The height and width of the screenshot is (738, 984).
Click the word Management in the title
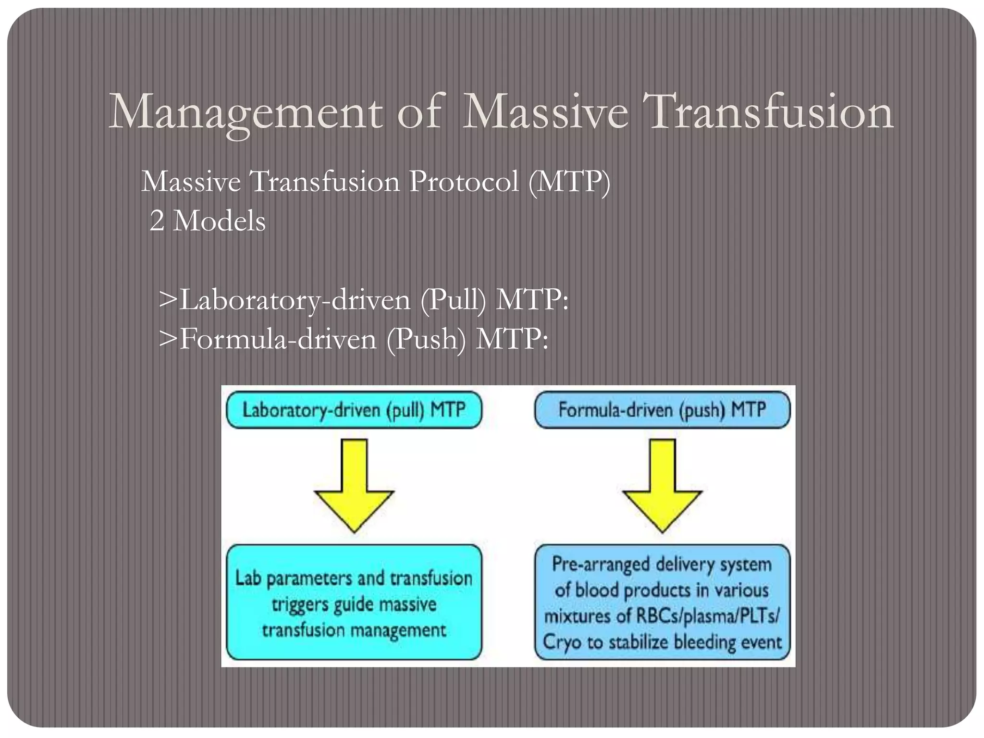point(245,113)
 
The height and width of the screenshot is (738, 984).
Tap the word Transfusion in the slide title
point(770,113)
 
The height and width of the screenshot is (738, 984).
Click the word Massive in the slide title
point(544,113)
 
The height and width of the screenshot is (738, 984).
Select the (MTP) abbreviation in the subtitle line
point(569,183)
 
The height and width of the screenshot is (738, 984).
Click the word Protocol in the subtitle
point(463,183)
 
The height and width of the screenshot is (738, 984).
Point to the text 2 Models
point(207,221)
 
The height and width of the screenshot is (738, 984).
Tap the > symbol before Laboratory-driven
point(168,301)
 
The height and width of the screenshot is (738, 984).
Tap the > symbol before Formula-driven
point(168,340)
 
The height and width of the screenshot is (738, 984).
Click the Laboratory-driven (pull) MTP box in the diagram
point(354,410)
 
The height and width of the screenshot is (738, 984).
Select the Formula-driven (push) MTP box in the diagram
point(662,410)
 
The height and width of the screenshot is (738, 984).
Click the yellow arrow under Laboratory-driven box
point(354,485)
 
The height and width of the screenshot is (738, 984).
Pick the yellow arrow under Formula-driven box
point(662,485)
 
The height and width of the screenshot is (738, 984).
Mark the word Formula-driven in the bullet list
point(278,340)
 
